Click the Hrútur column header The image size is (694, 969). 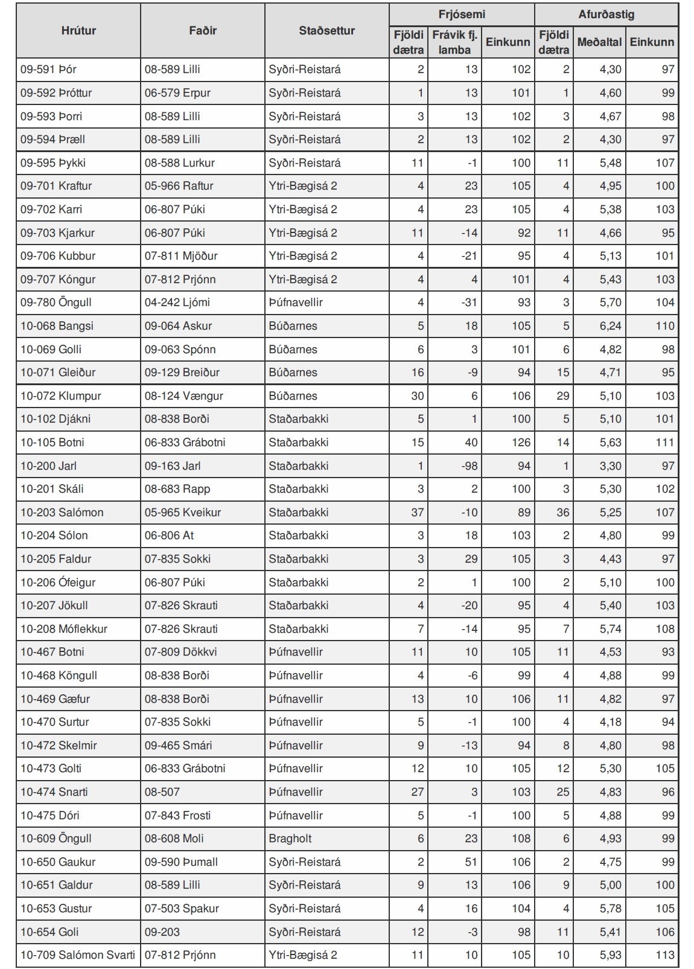click(x=78, y=31)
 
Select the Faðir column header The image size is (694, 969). click(x=202, y=31)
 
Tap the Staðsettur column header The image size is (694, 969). click(x=326, y=31)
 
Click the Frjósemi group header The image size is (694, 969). click(x=462, y=14)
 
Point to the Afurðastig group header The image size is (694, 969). click(x=606, y=14)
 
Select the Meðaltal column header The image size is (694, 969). click(x=599, y=42)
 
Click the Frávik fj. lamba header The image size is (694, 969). click(x=454, y=42)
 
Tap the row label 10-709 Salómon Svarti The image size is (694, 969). click(x=78, y=955)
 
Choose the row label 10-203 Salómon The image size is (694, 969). click(x=62, y=513)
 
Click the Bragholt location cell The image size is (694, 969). click(x=290, y=839)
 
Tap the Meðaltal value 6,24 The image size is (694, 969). click(x=610, y=326)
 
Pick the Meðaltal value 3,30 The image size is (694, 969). click(x=610, y=466)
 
